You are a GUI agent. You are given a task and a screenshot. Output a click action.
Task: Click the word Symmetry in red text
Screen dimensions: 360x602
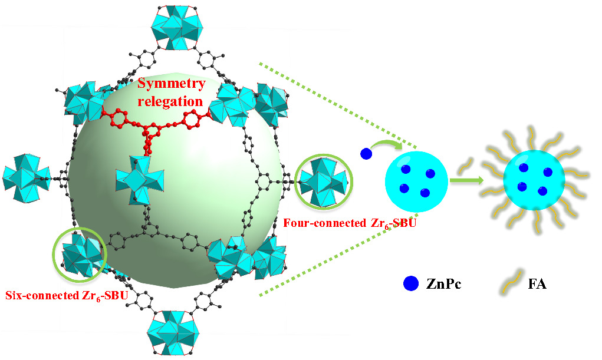172,84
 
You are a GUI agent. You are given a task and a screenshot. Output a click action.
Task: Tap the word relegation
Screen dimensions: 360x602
172,101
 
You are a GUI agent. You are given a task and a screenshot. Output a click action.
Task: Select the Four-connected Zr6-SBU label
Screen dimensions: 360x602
350,223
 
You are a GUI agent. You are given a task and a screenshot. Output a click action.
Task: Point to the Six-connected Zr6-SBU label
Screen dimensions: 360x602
66,295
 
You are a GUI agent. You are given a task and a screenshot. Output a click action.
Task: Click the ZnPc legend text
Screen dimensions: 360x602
442,284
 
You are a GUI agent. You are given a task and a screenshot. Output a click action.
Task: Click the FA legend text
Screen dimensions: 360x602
538,284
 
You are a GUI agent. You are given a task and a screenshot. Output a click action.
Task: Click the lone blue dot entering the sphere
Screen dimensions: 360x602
366,154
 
